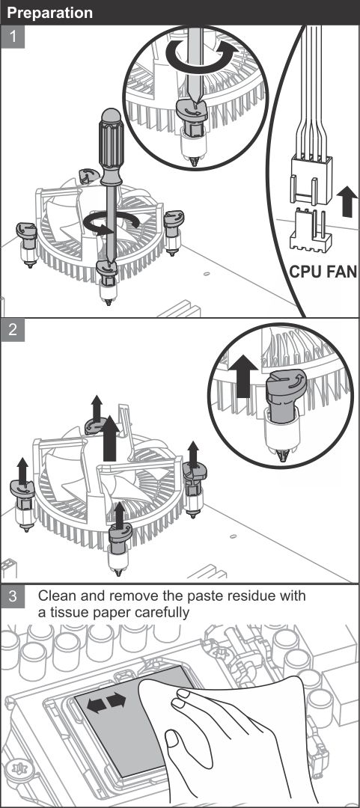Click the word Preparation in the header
50,13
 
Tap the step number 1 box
13,38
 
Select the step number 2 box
13,331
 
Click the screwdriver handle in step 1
112,147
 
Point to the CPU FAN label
323,272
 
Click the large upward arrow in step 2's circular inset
243,375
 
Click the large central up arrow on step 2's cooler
110,438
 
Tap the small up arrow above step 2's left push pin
22,471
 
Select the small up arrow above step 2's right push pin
193,454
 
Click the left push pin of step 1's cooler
26,243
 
